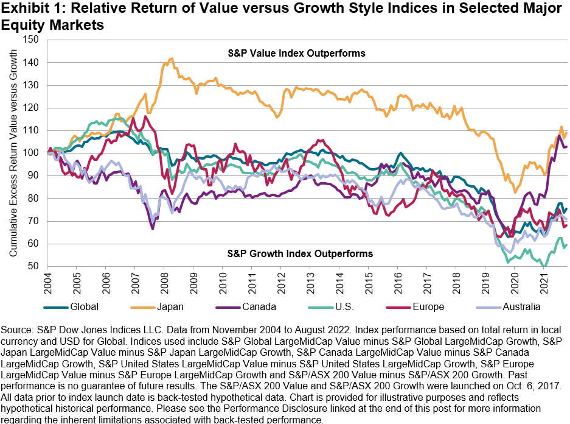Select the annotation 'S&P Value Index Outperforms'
pyautogui.click(x=300, y=53)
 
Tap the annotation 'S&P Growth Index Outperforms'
pyautogui.click(x=300, y=253)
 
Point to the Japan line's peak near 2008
pyautogui.click(x=172, y=59)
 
